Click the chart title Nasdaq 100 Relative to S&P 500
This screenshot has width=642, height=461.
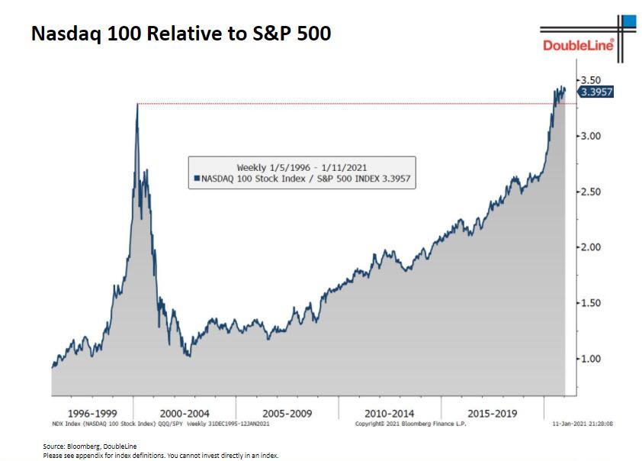181,34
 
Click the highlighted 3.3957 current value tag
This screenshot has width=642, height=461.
596,92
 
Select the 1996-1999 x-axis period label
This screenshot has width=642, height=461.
92,413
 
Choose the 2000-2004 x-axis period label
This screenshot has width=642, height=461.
185,413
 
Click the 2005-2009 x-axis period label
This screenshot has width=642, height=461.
287,413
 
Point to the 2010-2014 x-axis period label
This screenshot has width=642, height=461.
389,413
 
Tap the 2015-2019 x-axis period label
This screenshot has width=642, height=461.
491,413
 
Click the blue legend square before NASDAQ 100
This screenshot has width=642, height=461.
197,179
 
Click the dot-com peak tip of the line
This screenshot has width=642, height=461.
137,104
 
